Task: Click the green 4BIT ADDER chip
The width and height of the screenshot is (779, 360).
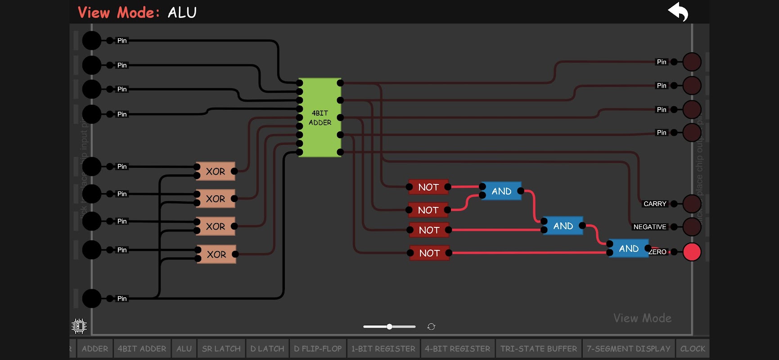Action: click(x=320, y=117)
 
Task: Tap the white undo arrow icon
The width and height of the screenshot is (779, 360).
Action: click(x=678, y=12)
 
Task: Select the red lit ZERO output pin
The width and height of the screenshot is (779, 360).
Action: click(x=692, y=252)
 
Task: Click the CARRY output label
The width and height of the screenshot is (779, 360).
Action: click(x=655, y=204)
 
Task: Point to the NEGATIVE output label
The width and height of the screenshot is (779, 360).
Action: click(x=649, y=227)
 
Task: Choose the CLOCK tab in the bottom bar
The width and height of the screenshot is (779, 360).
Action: click(x=693, y=349)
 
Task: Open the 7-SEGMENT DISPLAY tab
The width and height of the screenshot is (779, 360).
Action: click(x=628, y=349)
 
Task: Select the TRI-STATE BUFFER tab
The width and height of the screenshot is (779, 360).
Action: click(x=538, y=349)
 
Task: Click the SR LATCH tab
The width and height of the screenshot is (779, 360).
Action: click(x=221, y=349)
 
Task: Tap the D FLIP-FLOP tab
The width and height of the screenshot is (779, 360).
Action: click(x=318, y=349)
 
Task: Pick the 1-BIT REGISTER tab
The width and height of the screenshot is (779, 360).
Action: click(x=383, y=349)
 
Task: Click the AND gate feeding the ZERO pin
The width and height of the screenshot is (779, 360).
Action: click(x=628, y=248)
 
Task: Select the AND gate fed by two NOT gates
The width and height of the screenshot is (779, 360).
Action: click(x=501, y=191)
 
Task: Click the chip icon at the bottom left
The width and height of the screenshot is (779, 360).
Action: click(x=79, y=326)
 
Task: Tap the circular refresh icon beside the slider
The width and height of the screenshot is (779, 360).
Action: click(x=431, y=327)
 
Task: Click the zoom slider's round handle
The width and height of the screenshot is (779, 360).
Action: click(x=389, y=327)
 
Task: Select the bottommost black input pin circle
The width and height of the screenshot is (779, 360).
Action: click(x=92, y=298)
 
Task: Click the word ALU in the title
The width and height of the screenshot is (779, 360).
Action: click(x=182, y=13)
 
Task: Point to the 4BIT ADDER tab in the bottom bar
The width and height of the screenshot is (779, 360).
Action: click(x=142, y=349)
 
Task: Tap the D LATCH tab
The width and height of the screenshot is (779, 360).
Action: click(x=267, y=349)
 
